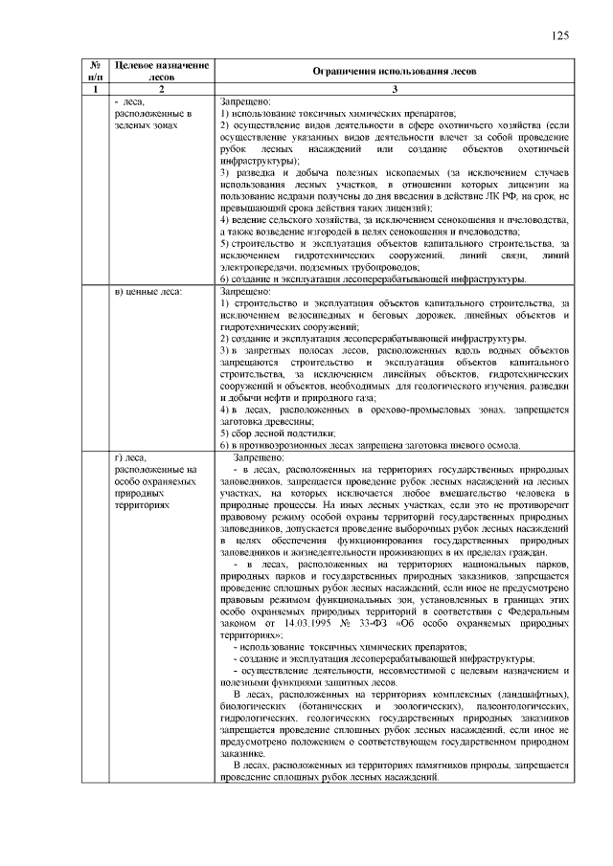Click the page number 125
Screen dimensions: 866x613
tap(560, 35)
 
